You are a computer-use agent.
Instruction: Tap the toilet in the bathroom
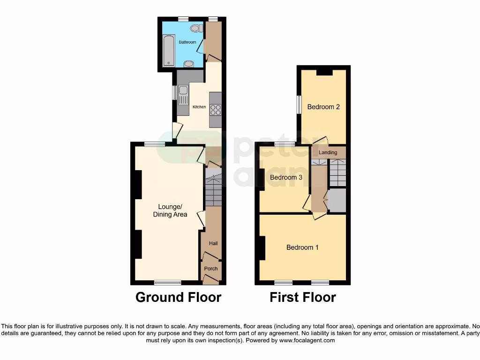click(x=197, y=29)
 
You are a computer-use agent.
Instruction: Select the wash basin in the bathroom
click(x=188, y=64)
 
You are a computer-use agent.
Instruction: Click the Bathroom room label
click(x=187, y=42)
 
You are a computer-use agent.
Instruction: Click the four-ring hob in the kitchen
click(x=216, y=110)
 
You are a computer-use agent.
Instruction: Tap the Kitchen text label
click(x=199, y=107)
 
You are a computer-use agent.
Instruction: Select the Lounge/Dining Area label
click(x=170, y=210)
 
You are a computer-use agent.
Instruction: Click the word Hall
click(x=213, y=243)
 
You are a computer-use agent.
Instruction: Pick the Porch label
click(x=211, y=269)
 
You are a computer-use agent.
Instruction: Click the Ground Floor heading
click(x=178, y=297)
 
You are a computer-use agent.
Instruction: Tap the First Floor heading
click(x=303, y=297)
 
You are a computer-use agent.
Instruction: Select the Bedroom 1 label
click(x=302, y=247)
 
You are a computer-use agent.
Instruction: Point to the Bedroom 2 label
click(x=323, y=107)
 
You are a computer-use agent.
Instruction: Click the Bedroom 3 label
click(x=286, y=177)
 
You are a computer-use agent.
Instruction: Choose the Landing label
click(x=328, y=152)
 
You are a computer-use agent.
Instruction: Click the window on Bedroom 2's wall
click(x=299, y=104)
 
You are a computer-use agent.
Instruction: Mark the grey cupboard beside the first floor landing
click(x=337, y=200)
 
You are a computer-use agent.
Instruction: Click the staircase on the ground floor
click(x=213, y=187)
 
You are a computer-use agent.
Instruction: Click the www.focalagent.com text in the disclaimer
click(x=307, y=340)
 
